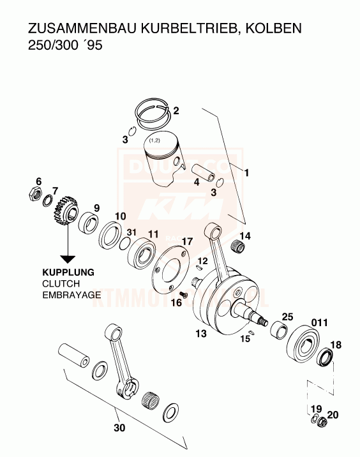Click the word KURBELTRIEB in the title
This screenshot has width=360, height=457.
tap(191, 29)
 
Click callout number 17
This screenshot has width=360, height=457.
tap(186, 241)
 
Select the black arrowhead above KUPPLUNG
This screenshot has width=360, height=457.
tap(66, 258)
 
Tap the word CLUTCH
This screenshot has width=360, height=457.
tap(61, 283)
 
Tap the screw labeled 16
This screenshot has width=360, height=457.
tap(184, 293)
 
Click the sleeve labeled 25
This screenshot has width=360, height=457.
tap(278, 332)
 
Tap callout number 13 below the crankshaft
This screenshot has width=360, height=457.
tap(201, 334)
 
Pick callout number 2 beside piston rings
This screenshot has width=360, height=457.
tap(176, 110)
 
